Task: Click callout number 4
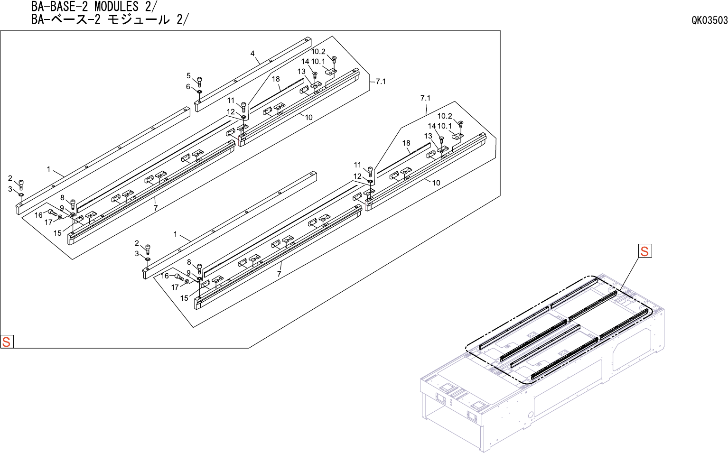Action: (252, 54)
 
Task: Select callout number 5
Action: (188, 76)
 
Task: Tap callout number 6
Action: (188, 87)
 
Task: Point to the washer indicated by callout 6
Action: (199, 91)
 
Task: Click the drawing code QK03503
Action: (709, 20)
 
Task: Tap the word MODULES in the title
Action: (116, 7)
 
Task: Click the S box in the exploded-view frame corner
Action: (7, 342)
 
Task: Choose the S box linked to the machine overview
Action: (644, 251)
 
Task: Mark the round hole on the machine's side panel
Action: (530, 415)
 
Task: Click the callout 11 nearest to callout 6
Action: (231, 101)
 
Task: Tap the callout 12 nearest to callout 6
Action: (231, 112)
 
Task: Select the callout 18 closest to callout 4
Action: (276, 79)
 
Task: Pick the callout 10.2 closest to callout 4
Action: (318, 52)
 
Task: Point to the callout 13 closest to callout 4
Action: (301, 72)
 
